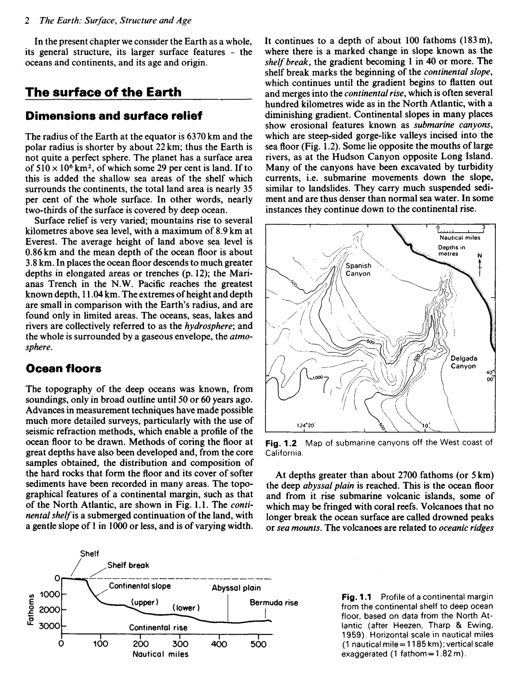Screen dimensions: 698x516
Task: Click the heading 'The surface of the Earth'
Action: point(103,92)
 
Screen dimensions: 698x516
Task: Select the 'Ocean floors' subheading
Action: point(63,368)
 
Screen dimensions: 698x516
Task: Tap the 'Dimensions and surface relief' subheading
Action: point(114,116)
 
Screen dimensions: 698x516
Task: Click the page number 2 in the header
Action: point(27,21)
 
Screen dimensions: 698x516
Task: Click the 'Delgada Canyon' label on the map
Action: point(464,362)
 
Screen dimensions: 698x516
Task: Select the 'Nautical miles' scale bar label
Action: point(460,238)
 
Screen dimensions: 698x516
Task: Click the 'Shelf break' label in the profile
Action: point(128,565)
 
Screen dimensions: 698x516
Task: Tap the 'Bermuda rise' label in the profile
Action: point(274,603)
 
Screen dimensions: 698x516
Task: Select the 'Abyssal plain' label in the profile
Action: point(236,588)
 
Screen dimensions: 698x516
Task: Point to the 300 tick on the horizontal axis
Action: point(180,644)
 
